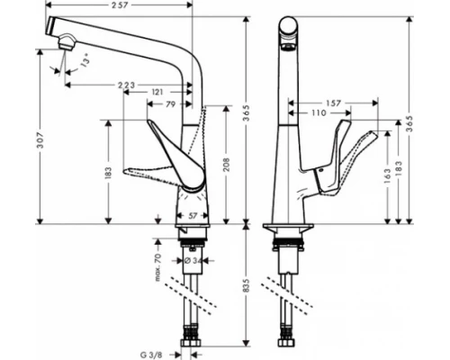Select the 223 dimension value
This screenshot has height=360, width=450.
click(126, 85)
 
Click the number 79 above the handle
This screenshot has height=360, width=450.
click(168, 105)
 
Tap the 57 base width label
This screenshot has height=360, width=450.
click(193, 216)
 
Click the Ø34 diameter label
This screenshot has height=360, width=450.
click(190, 261)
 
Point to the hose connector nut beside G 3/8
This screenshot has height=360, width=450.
click(191, 343)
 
